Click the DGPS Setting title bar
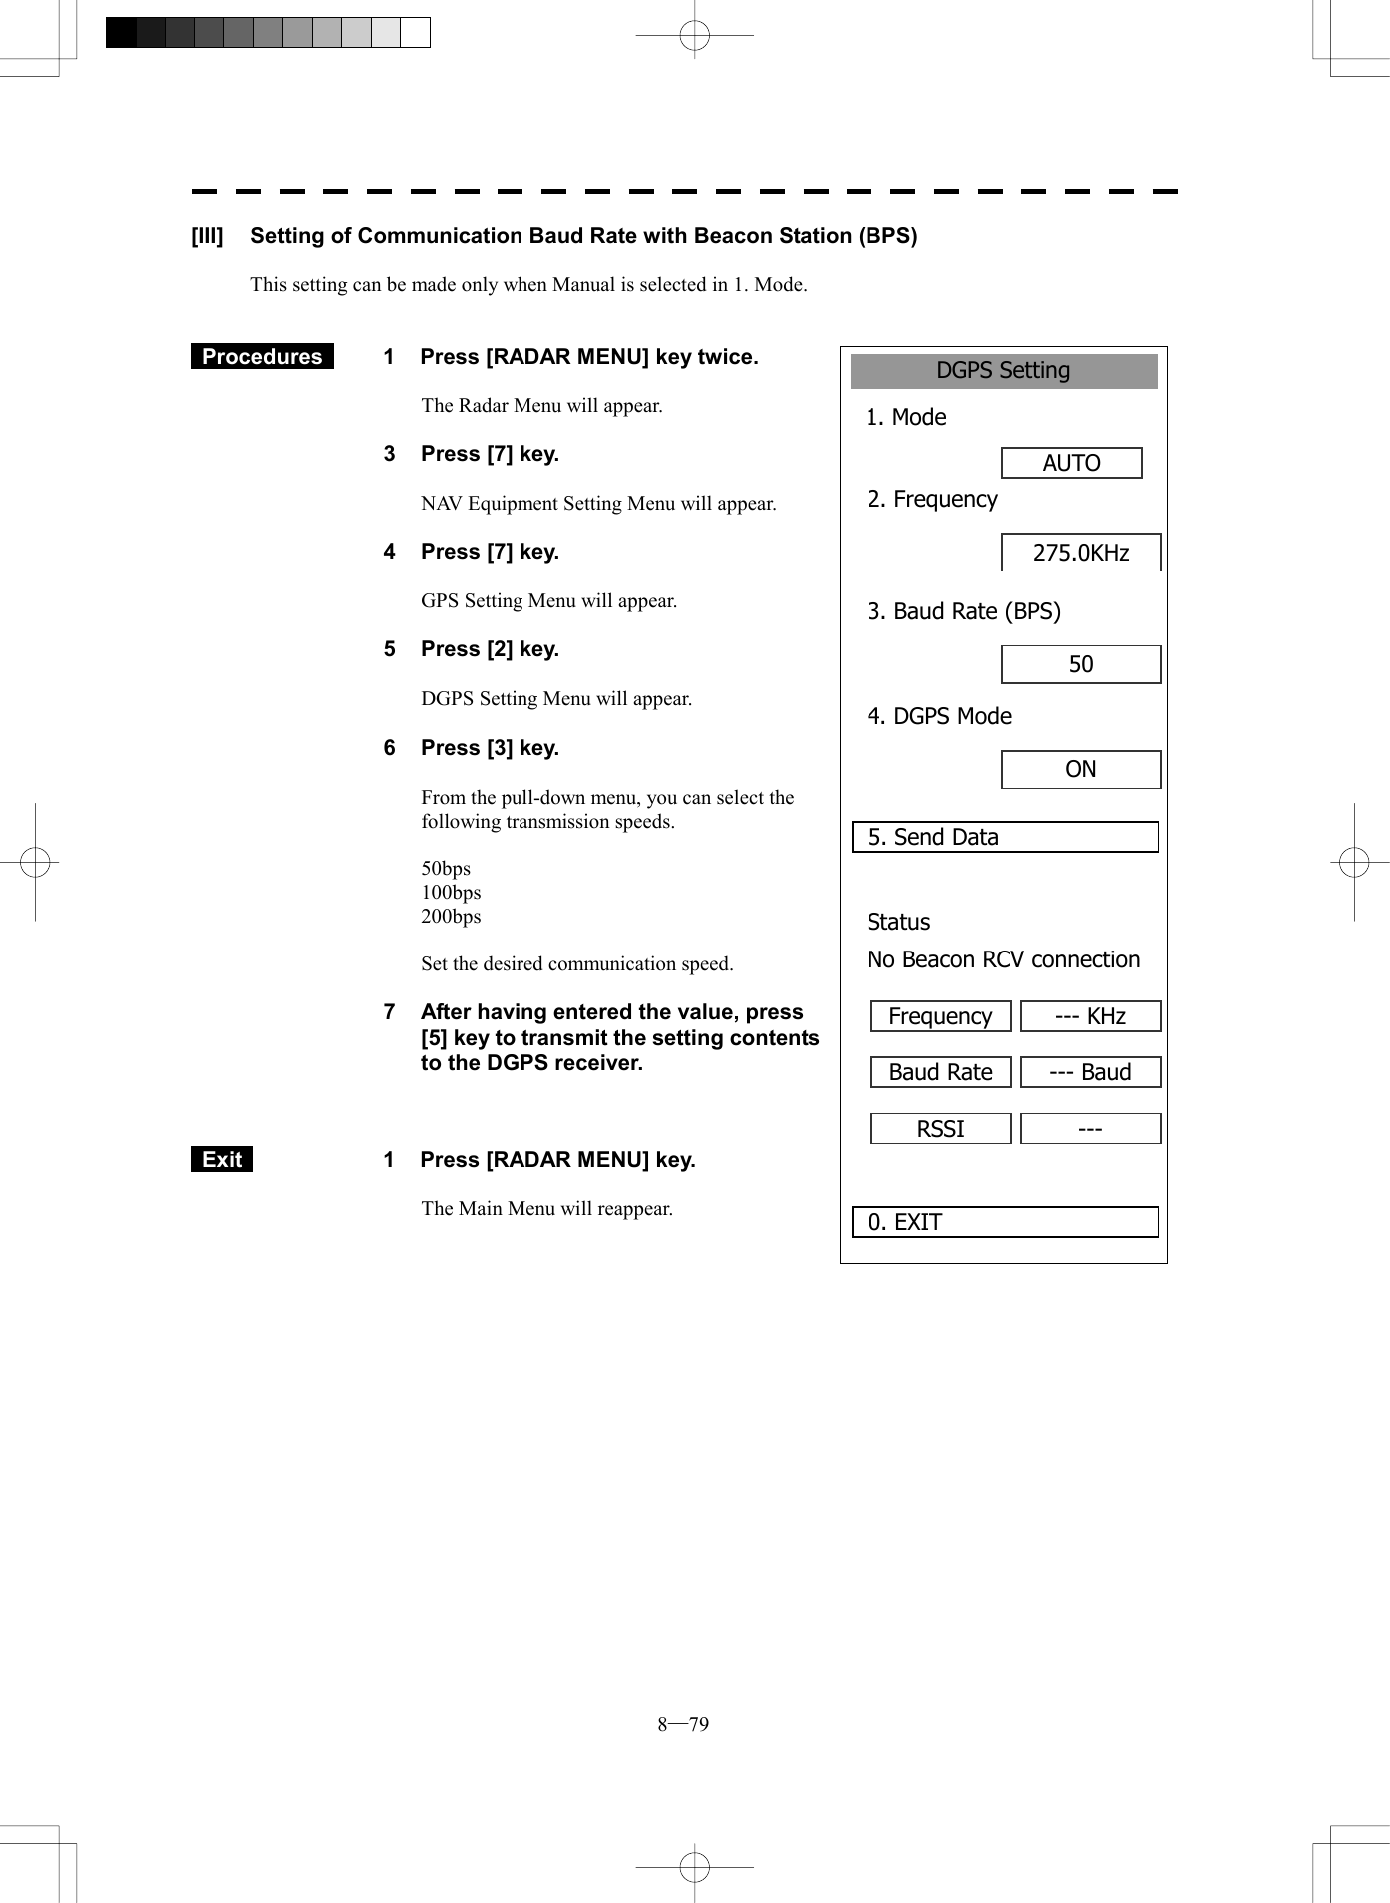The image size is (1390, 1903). (1003, 371)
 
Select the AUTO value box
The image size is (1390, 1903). (1071, 463)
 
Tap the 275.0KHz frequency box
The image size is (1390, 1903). (1081, 553)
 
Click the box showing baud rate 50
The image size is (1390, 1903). (1081, 664)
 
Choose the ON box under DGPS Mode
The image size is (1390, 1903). (1081, 769)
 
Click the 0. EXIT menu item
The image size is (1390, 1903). (1004, 1222)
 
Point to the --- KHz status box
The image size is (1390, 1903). (1090, 1016)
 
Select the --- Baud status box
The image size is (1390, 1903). (1090, 1072)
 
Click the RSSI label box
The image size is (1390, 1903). (940, 1129)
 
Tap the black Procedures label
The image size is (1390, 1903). (262, 357)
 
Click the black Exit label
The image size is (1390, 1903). (222, 1159)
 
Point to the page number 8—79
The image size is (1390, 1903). (683, 1724)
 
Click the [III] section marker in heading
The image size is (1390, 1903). (207, 236)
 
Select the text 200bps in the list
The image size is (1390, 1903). (451, 916)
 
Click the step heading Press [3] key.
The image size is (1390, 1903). (490, 748)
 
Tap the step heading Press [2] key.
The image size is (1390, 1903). (490, 649)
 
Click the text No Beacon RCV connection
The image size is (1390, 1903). (1003, 959)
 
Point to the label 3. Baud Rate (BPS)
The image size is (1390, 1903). (963, 611)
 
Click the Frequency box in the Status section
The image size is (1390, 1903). (940, 1016)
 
